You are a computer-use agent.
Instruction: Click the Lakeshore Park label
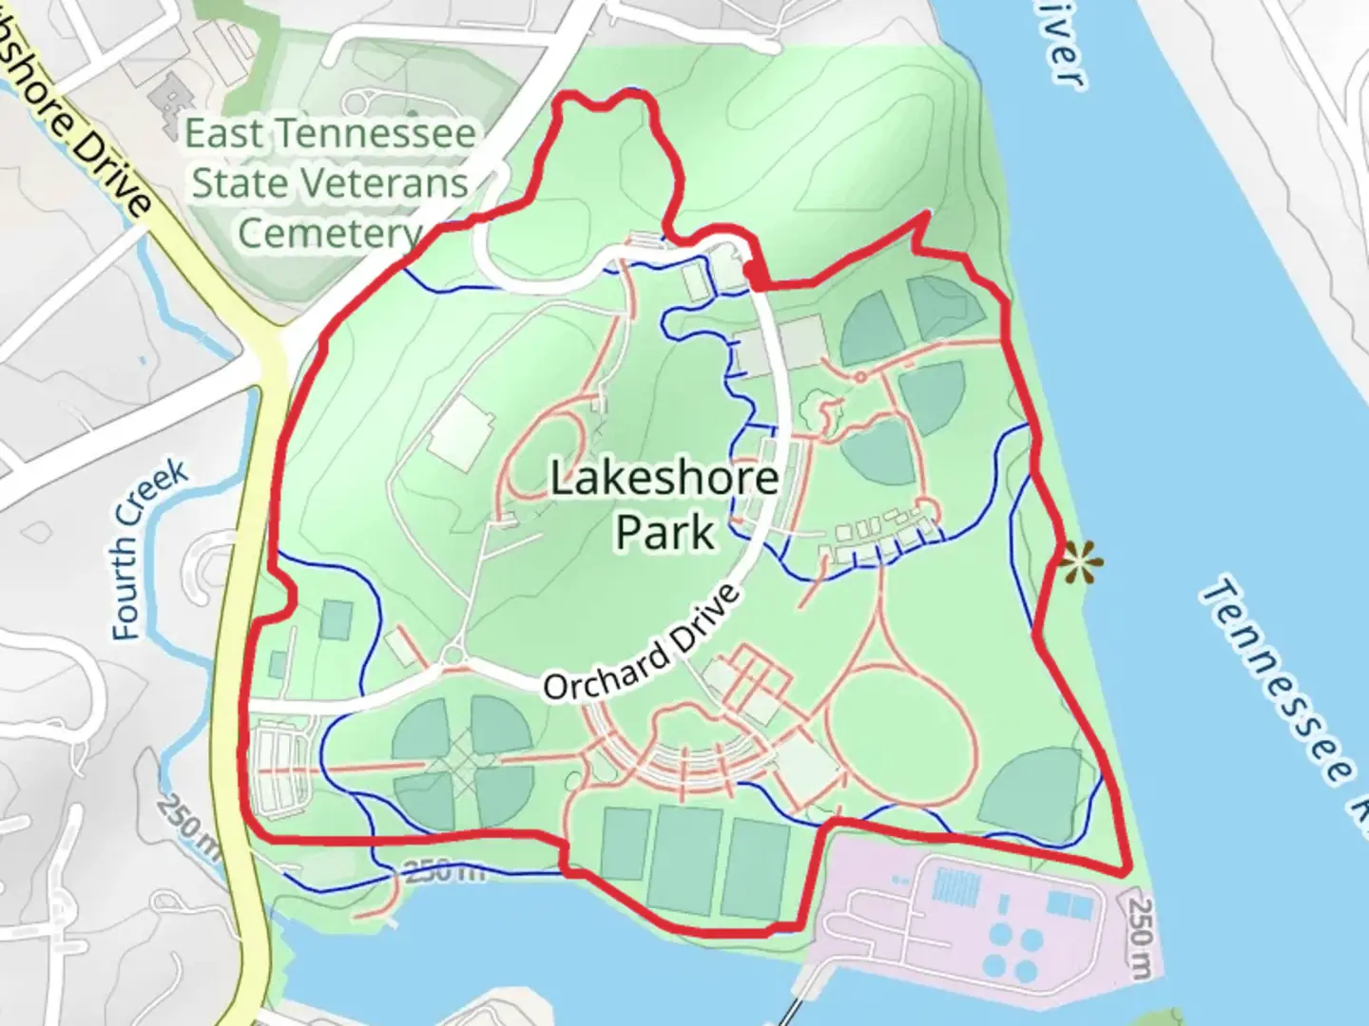pyautogui.click(x=664, y=504)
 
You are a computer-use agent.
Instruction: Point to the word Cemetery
pyautogui.click(x=329, y=233)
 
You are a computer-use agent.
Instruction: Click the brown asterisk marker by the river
pyautogui.click(x=1078, y=562)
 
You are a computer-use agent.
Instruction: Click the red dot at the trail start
pyautogui.click(x=754, y=274)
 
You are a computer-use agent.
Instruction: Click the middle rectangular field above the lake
pyautogui.click(x=686, y=859)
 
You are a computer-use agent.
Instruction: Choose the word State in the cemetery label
pyautogui.click(x=238, y=183)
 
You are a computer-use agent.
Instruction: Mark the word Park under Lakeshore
pyautogui.click(x=664, y=532)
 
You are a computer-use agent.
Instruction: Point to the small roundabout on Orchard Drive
pyautogui.click(x=453, y=656)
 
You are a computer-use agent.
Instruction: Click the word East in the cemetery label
pyautogui.click(x=223, y=134)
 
